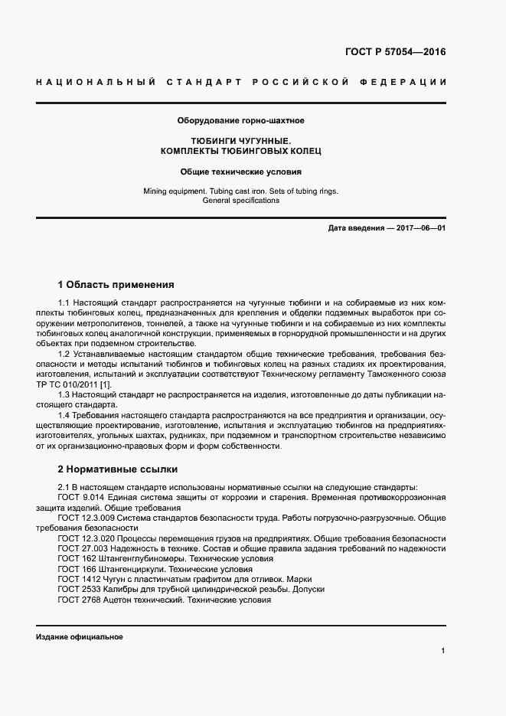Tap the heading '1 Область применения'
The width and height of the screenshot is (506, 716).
116,285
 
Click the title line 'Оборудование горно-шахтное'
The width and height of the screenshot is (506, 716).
241,120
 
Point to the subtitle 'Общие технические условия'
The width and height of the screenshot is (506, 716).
241,172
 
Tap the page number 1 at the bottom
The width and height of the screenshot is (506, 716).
443,650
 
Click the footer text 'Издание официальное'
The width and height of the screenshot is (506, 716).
79,637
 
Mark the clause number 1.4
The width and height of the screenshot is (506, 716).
64,414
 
